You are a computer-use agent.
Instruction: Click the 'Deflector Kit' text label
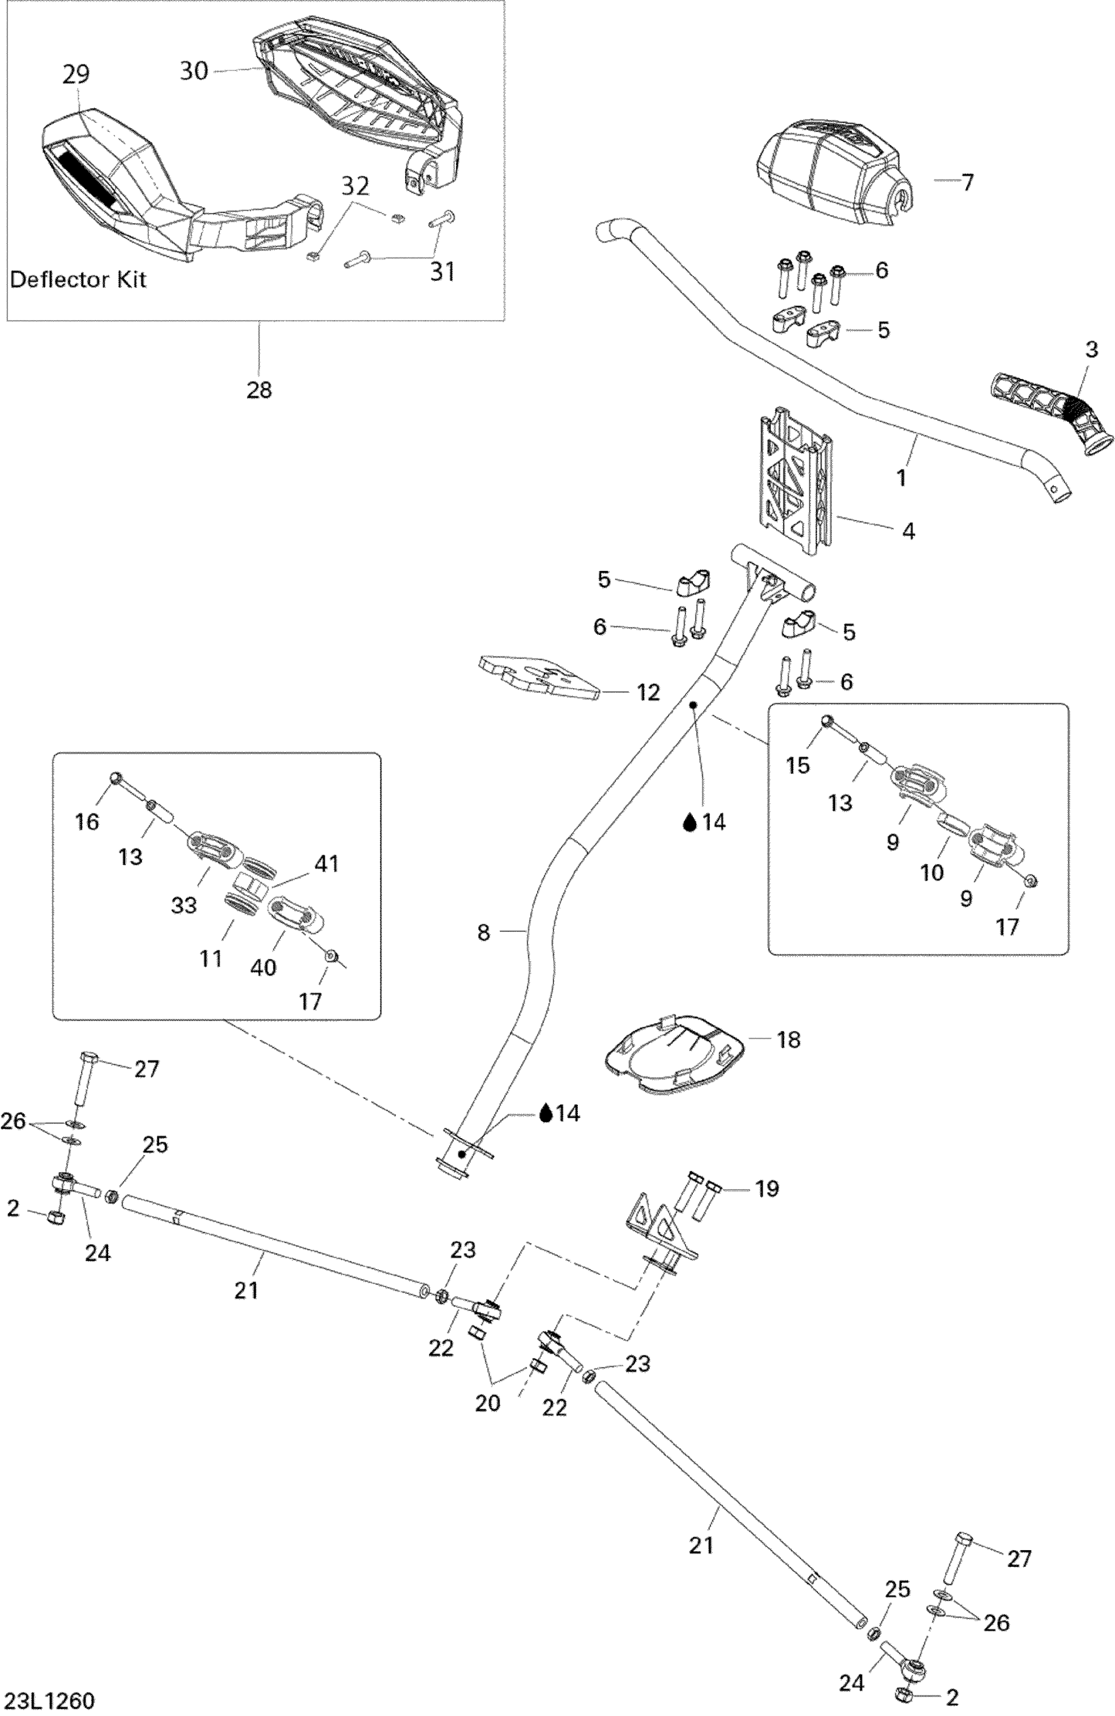[x=78, y=280]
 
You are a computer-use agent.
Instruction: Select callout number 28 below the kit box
[x=259, y=390]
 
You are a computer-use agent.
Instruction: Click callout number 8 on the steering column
[x=483, y=933]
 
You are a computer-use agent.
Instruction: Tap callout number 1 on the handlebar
[x=902, y=476]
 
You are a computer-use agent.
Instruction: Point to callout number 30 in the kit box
[x=193, y=71]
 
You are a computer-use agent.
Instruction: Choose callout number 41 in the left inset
[x=327, y=863]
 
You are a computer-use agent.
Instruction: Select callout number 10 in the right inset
[x=932, y=872]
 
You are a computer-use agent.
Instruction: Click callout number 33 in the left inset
[x=183, y=905]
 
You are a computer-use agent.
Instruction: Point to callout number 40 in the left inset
[x=263, y=967]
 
